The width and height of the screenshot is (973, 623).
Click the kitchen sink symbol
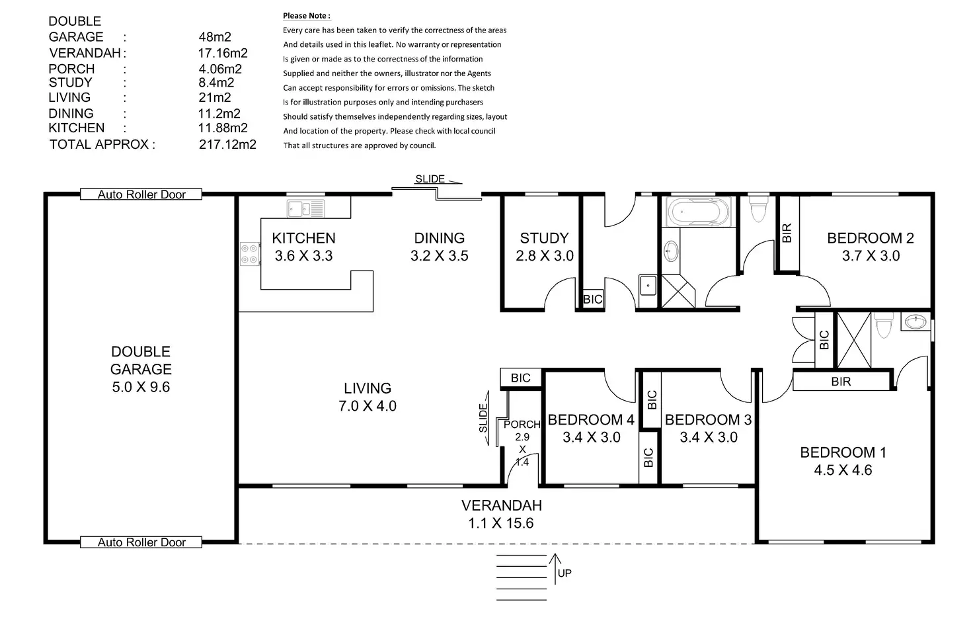[x=306, y=209]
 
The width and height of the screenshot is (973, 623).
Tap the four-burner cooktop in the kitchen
[x=249, y=254]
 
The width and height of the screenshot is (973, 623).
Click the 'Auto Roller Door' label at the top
[x=141, y=194]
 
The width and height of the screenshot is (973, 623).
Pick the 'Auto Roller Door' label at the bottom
[x=141, y=542]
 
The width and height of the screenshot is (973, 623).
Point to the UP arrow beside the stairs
[x=555, y=569]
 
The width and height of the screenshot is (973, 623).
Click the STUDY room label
[x=544, y=238]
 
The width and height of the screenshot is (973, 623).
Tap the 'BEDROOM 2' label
[x=870, y=238]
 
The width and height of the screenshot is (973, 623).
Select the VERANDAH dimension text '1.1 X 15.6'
[x=501, y=523]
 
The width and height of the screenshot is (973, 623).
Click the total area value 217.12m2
[x=227, y=144]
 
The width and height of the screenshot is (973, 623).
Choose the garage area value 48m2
[x=215, y=37]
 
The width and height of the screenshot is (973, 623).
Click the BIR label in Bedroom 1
[x=841, y=382]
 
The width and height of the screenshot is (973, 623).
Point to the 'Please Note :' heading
[x=307, y=16]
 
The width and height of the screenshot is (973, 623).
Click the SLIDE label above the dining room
[x=430, y=179]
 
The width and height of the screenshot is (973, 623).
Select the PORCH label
[x=522, y=425]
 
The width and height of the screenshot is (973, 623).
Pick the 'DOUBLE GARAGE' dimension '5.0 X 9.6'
[x=141, y=387]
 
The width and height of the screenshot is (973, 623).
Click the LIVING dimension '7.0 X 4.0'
[x=368, y=406]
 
